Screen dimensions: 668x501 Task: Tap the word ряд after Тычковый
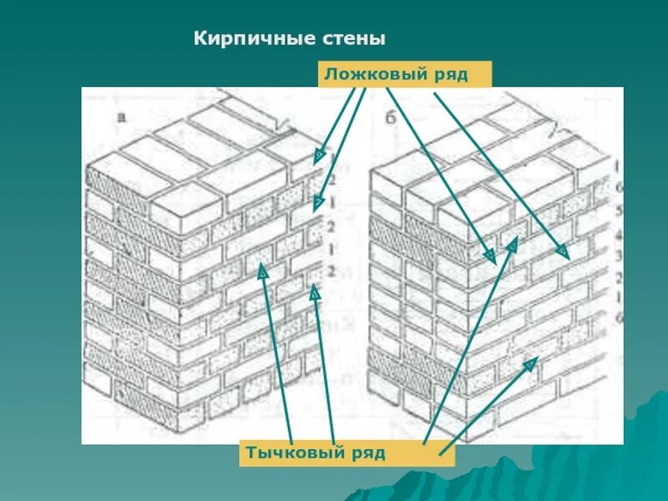click(367, 453)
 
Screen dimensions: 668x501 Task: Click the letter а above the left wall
click(122, 117)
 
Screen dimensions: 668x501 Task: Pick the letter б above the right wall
click(389, 117)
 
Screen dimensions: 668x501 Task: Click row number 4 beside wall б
click(618, 235)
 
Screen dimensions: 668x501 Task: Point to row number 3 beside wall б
click(618, 256)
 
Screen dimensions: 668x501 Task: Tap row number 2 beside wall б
click(618, 276)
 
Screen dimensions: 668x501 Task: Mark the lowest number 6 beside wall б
click(618, 318)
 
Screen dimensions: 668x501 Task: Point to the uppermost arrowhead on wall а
click(319, 155)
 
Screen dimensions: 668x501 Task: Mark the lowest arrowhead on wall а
click(314, 291)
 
